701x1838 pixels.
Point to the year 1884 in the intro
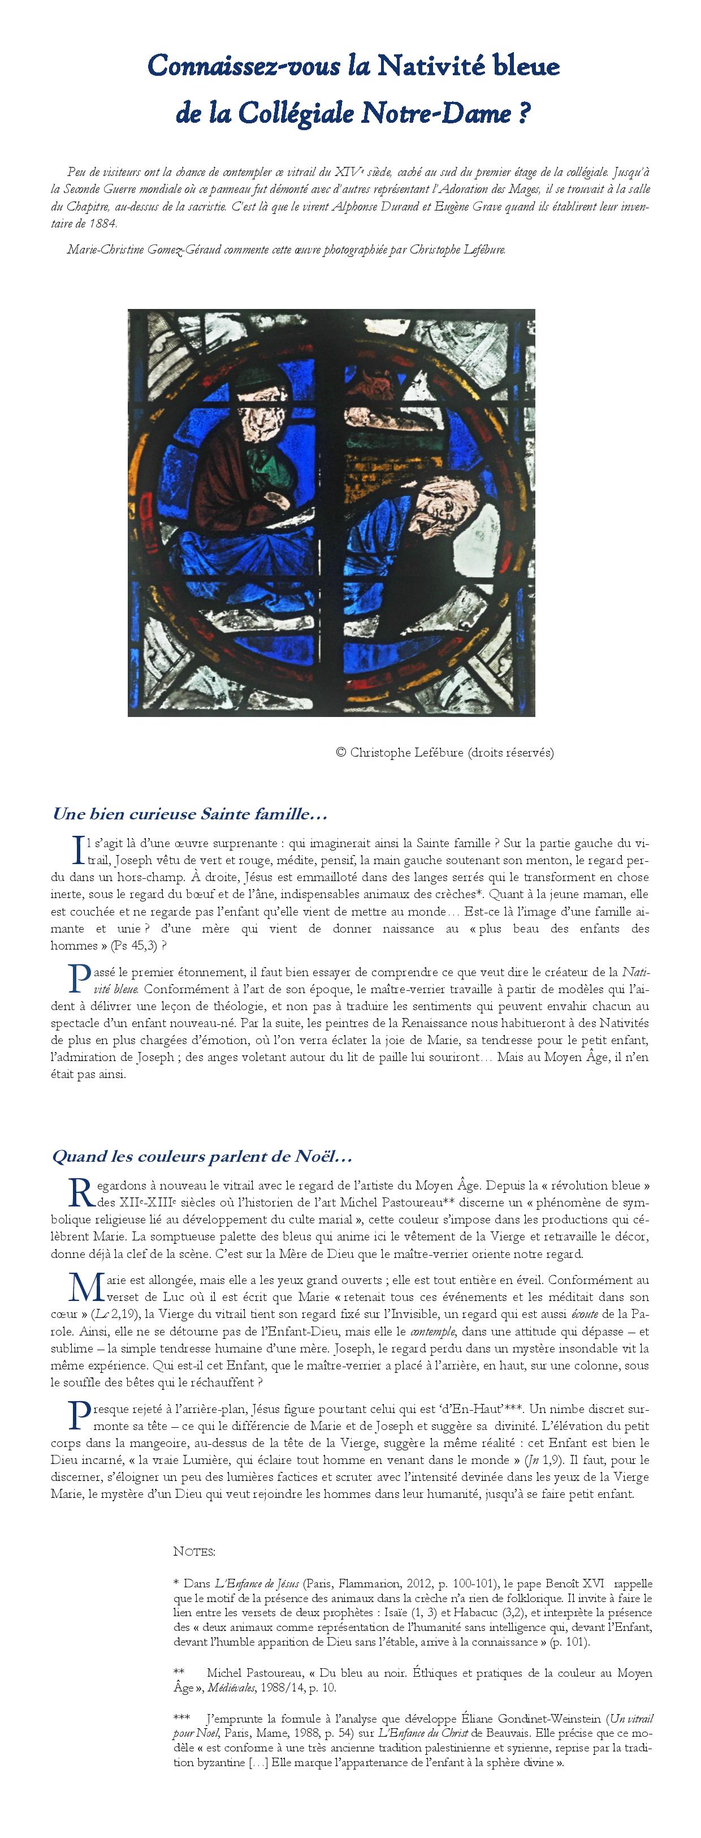pyautogui.click(x=103, y=222)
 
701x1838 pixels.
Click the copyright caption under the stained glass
pyautogui.click(x=444, y=752)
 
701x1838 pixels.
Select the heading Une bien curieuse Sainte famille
pyautogui.click(x=190, y=813)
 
